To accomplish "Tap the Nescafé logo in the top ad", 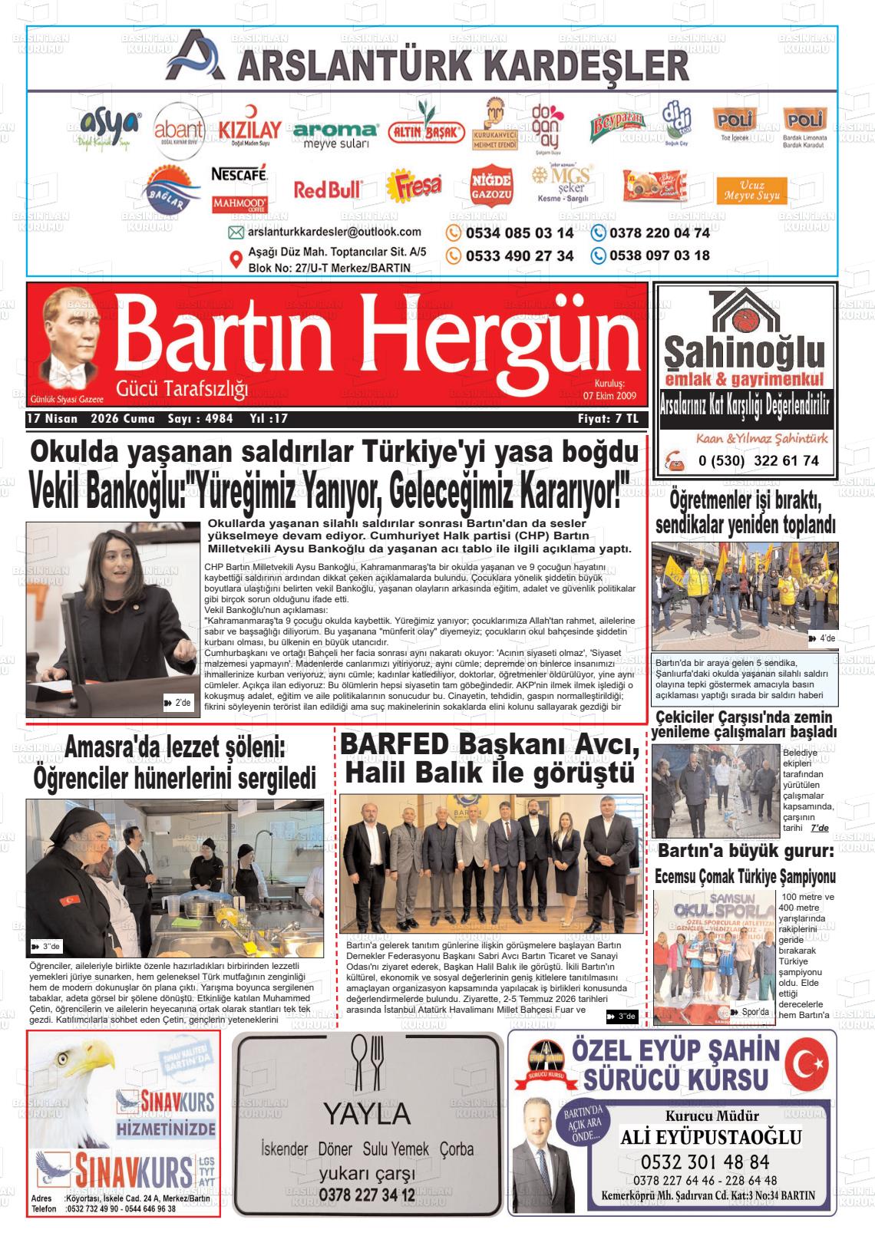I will point(239,174).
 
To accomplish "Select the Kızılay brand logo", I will point(249,131).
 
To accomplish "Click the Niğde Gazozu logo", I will point(491,186).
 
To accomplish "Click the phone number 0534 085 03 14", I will point(520,233).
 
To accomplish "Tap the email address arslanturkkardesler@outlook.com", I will point(334,232).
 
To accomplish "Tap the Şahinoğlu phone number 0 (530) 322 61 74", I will point(758,461).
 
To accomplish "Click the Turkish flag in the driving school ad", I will point(811,1064).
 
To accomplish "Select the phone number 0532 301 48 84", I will point(705,1162).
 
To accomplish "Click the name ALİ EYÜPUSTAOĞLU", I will point(711,1137).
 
